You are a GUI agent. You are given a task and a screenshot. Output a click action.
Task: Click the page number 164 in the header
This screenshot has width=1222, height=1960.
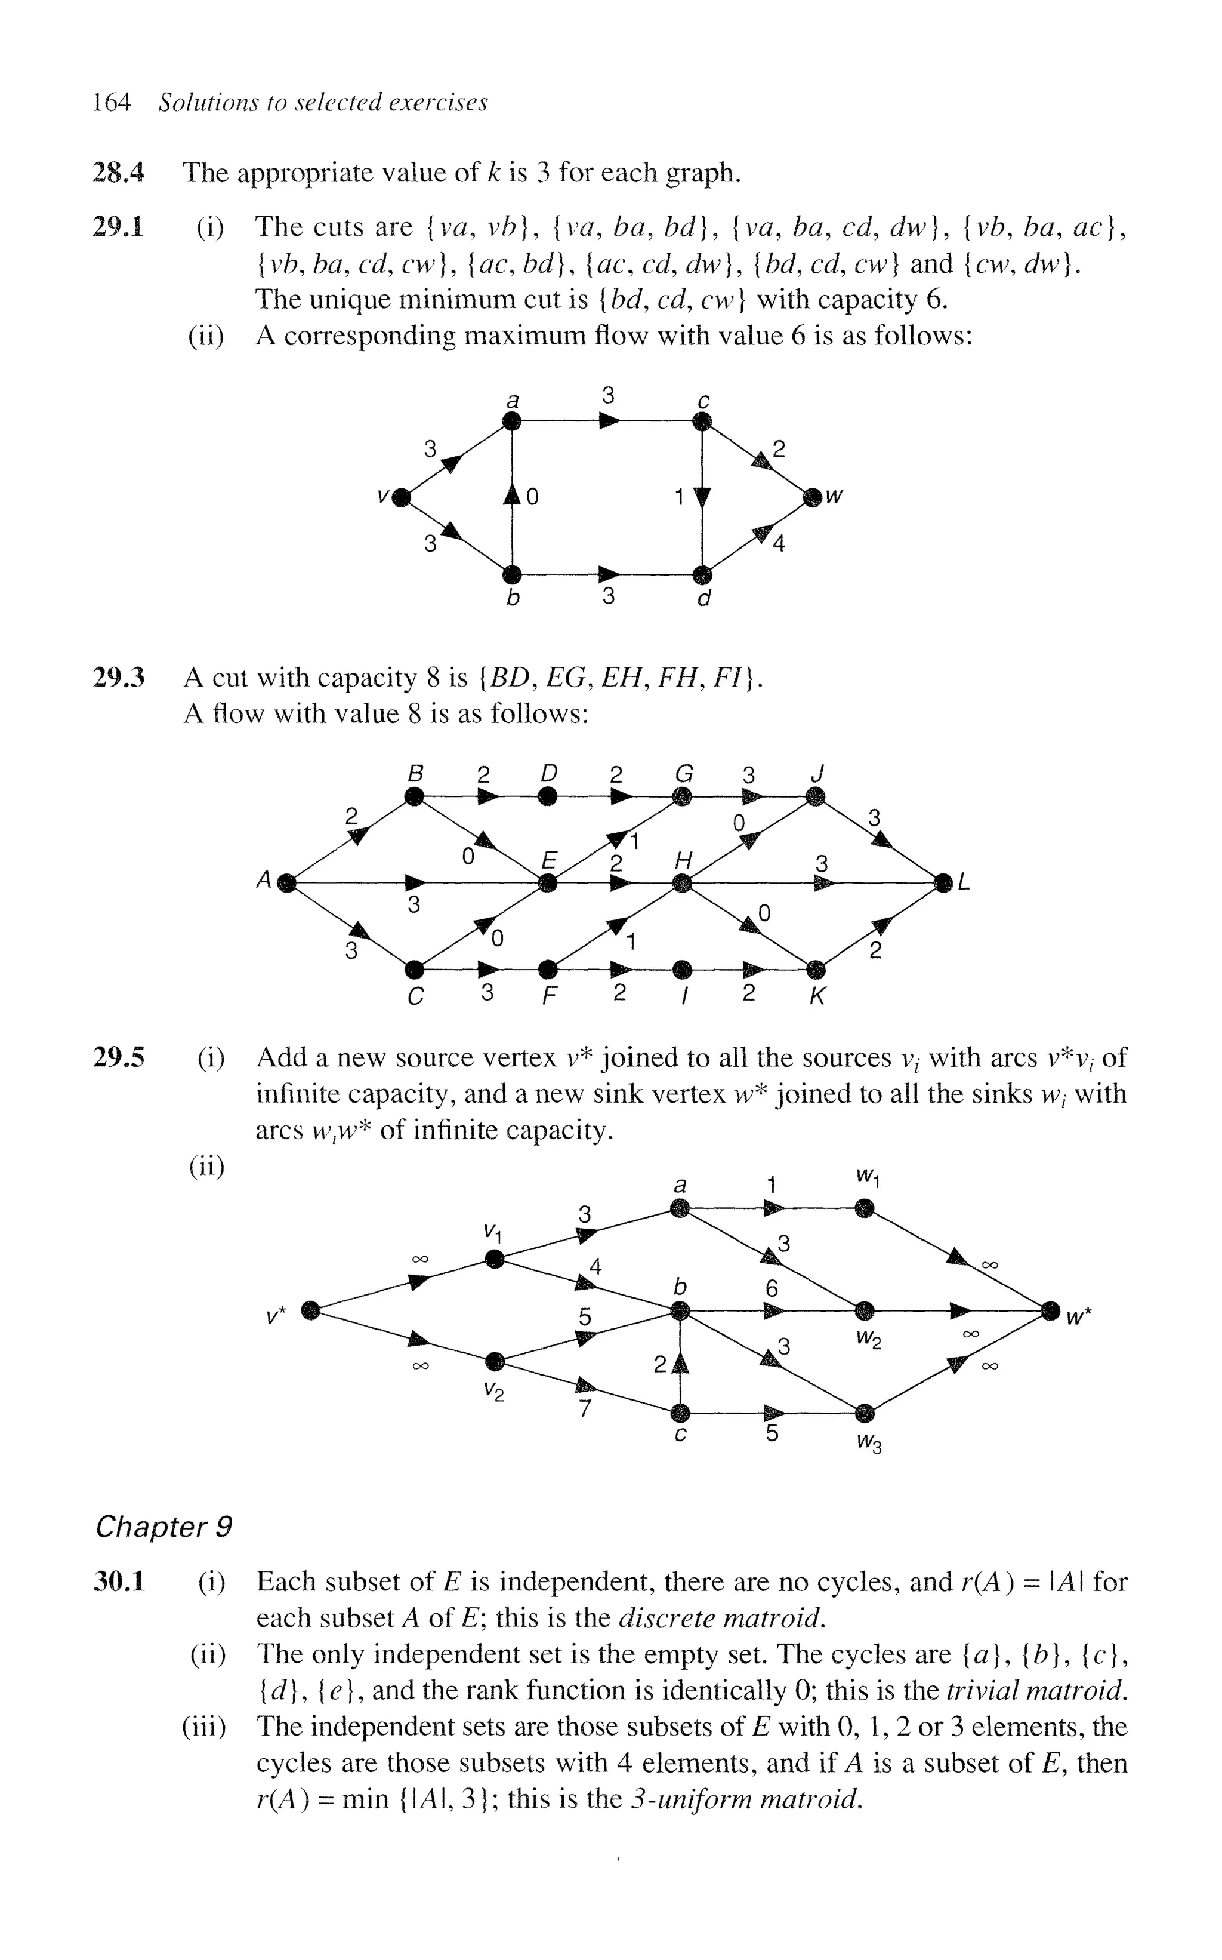coord(112,103)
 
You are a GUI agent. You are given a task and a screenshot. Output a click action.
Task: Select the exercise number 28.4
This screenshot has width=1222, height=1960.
coord(119,173)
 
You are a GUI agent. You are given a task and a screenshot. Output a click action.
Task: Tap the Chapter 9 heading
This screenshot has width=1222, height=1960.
coord(164,1527)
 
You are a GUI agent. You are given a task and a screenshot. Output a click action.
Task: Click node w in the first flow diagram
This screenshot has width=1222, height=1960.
coord(813,497)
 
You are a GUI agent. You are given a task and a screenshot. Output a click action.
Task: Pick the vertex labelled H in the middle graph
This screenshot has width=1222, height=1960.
coord(683,883)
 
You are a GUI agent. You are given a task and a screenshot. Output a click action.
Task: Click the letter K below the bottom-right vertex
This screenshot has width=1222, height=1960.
coord(817,996)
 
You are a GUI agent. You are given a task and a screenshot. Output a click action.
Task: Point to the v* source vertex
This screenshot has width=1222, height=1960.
coord(310,1310)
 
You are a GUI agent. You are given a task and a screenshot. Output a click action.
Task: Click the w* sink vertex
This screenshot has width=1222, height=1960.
coord(1050,1310)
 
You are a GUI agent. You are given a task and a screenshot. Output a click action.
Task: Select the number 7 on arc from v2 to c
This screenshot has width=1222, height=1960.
coord(584,1408)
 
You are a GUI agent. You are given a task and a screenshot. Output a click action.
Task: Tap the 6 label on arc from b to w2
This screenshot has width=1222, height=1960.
coord(772,1289)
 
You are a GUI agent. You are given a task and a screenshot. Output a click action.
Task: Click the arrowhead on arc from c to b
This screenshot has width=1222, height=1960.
coord(681,1364)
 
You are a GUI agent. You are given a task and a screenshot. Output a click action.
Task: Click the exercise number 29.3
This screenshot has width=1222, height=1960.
coord(119,678)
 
